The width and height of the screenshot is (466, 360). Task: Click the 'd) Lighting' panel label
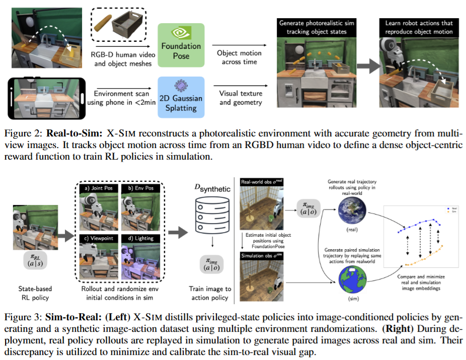[x=143, y=238]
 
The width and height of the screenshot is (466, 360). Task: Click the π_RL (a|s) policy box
[x=36, y=259]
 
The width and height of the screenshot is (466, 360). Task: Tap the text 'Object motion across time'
[x=239, y=57]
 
